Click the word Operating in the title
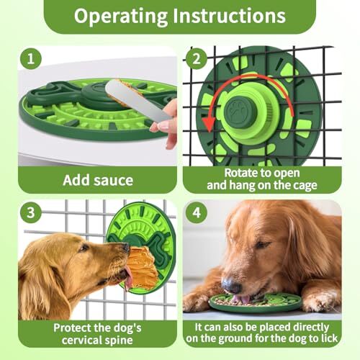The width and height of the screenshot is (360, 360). click(x=123, y=16)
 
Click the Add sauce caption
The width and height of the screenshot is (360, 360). click(x=97, y=179)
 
